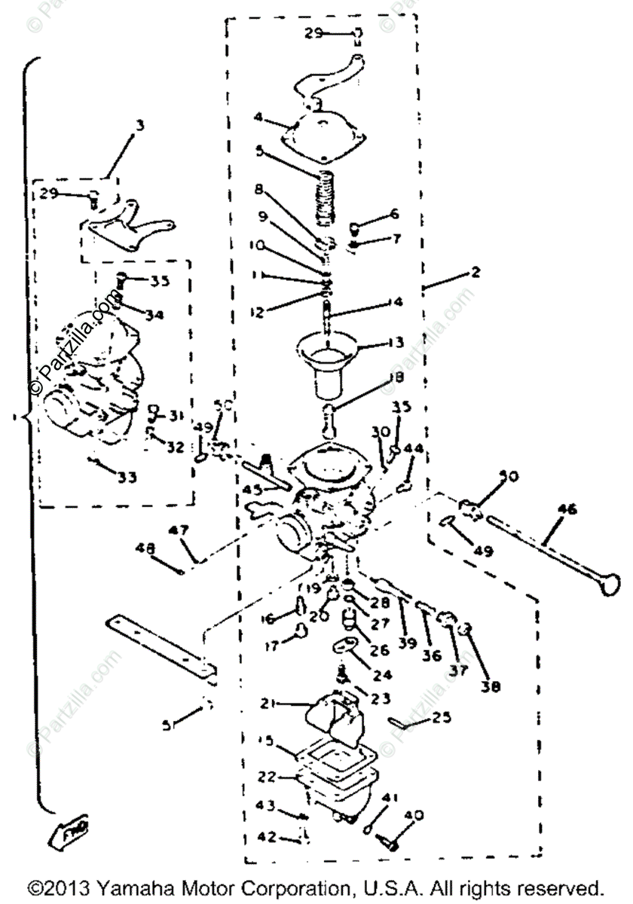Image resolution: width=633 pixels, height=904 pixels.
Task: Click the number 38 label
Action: coord(494,686)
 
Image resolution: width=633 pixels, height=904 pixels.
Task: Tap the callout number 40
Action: coord(414,815)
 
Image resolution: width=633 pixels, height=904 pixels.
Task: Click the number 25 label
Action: coord(442,717)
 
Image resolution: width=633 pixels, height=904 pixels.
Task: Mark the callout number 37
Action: coord(459,668)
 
